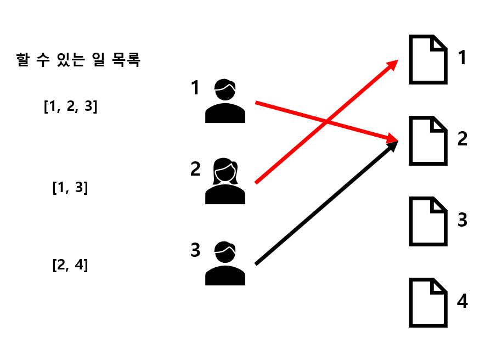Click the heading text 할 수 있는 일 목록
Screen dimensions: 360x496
[79, 60]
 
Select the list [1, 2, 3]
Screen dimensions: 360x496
[70, 106]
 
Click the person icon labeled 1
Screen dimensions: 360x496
[225, 102]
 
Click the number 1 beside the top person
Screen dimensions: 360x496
[195, 88]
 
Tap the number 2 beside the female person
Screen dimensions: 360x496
[195, 169]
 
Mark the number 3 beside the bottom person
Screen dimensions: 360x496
[195, 250]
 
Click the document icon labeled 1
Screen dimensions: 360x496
[428, 60]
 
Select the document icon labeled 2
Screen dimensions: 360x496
[428, 140]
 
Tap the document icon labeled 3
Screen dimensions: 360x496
[428, 222]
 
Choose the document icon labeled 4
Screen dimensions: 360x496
[428, 303]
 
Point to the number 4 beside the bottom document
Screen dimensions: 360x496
[462, 301]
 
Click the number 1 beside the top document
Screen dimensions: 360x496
[462, 57]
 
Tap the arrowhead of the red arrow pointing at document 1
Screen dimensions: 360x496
[393, 64]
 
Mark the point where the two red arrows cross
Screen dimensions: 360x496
[328, 121]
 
